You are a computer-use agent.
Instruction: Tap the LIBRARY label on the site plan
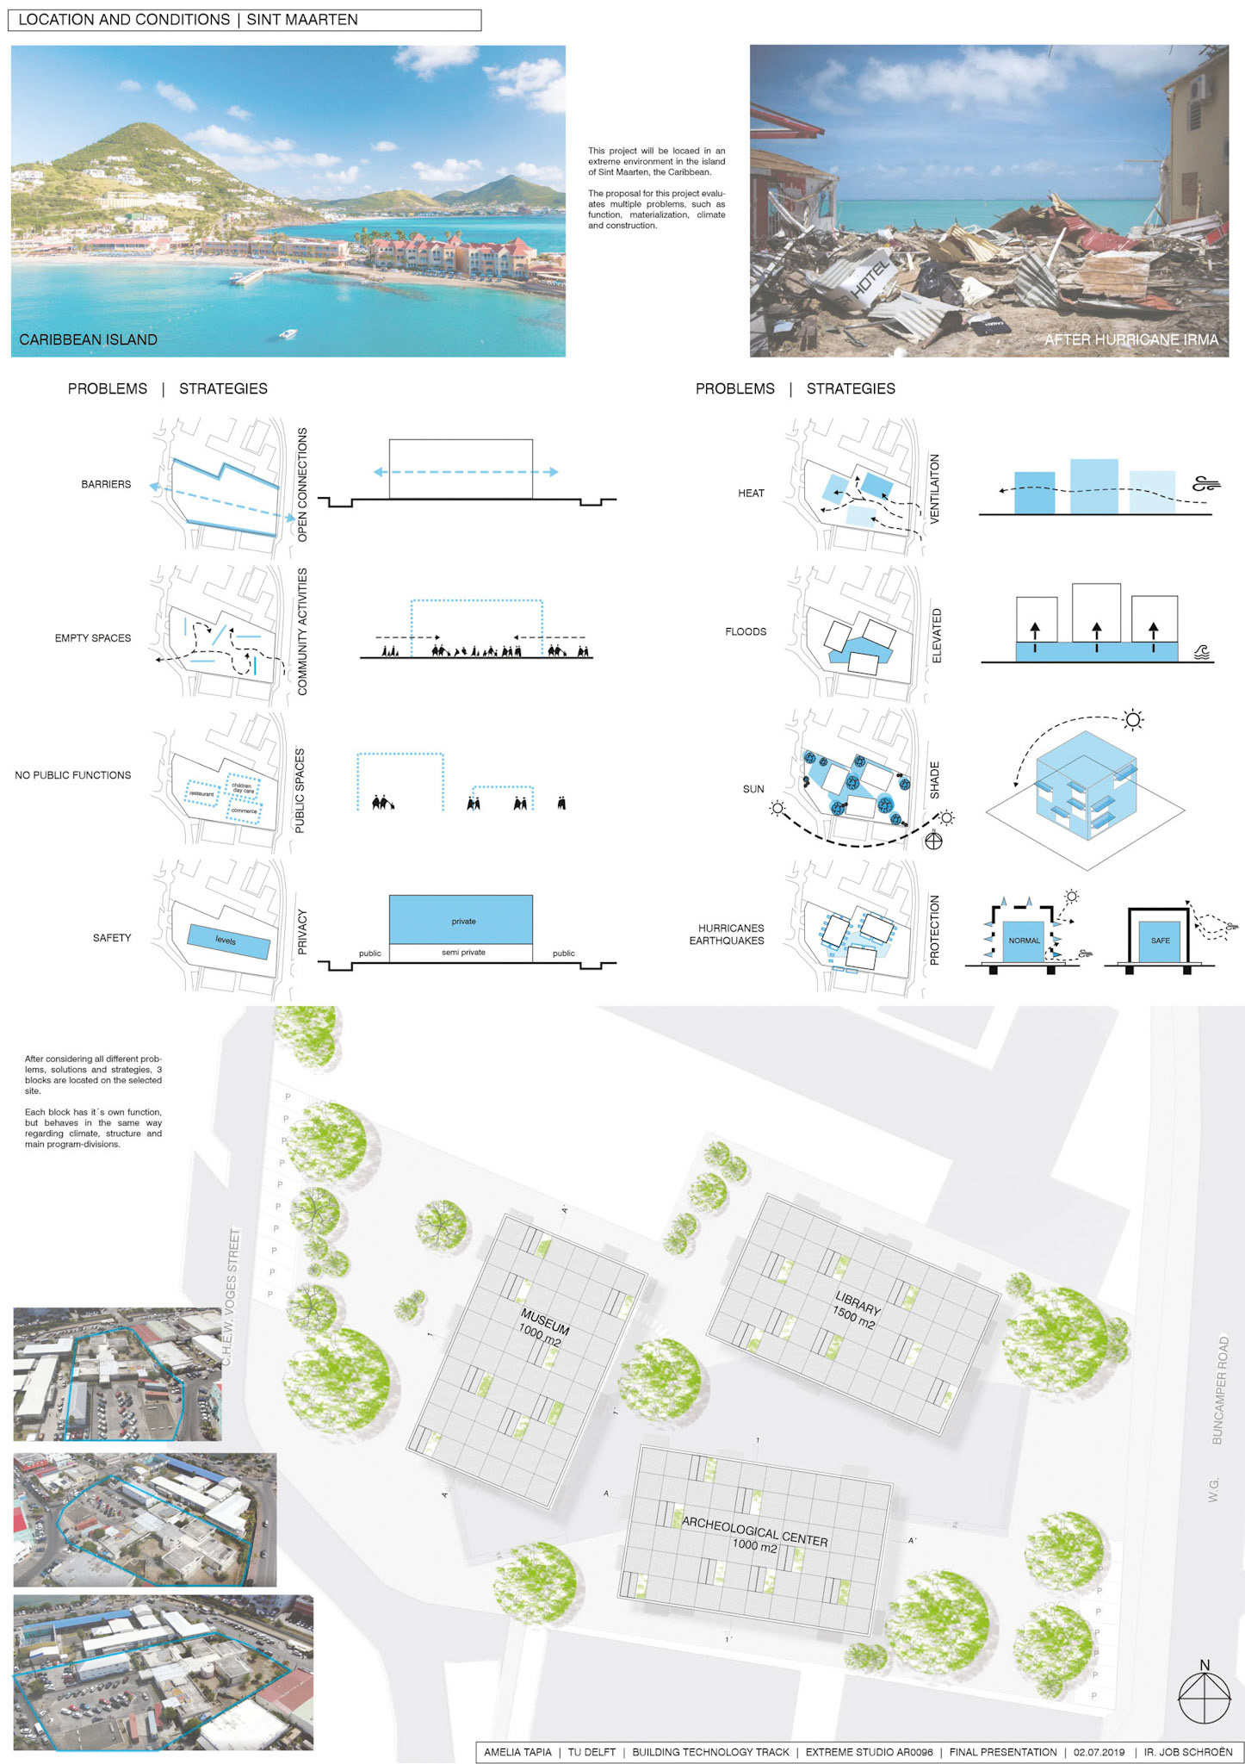pos(855,1310)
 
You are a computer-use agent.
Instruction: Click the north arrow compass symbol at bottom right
pos(1204,1698)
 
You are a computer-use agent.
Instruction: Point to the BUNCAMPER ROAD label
pos(1219,1389)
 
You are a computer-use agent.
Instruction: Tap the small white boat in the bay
pos(288,333)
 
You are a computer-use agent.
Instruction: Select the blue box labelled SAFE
pos(1160,941)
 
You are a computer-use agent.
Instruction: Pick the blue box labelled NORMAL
pos(1024,941)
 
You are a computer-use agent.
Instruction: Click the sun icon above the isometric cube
pos(1133,720)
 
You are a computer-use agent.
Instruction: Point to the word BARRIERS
pos(106,484)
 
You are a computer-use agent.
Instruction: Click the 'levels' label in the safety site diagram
pos(226,941)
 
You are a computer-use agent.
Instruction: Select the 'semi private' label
pos(463,953)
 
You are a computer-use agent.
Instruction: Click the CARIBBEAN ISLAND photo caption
pos(88,339)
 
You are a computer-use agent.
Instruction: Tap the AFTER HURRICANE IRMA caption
pos(1130,339)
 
